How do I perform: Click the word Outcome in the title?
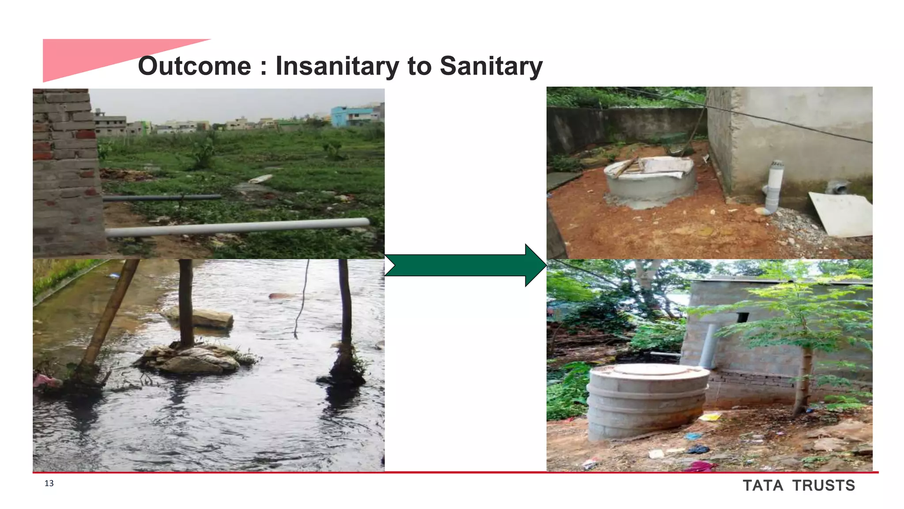194,66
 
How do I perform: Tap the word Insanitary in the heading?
337,66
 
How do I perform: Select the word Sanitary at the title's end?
491,66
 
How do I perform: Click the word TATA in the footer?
763,486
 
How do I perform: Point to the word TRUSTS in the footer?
824,486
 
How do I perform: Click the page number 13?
49,483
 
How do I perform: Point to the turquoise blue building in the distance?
349,116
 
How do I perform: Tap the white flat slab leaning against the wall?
841,214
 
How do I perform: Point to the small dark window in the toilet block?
743,317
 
